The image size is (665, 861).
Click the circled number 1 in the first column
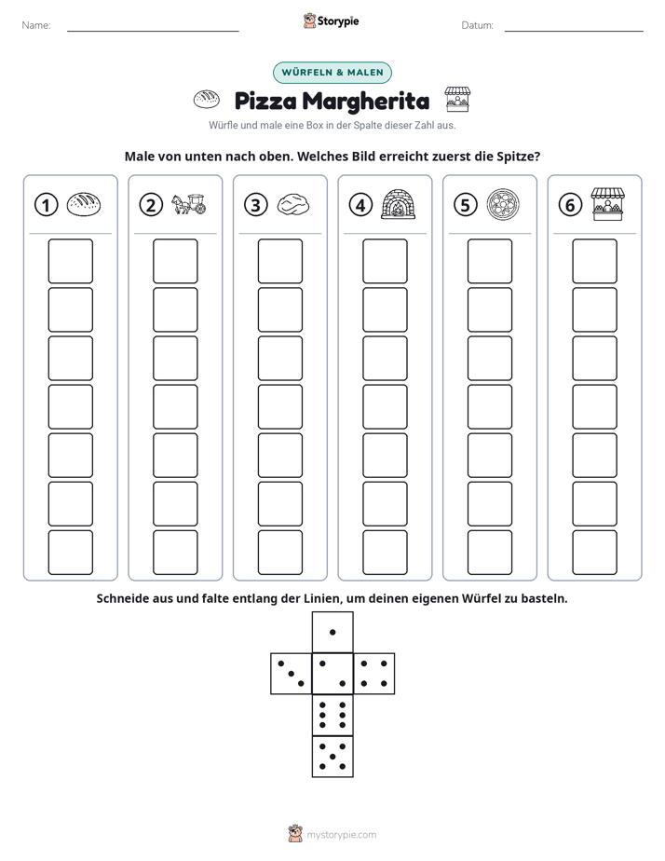pyautogui.click(x=46, y=205)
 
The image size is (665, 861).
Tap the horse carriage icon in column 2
pyautogui.click(x=188, y=204)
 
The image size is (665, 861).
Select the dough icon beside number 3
pyautogui.click(x=293, y=205)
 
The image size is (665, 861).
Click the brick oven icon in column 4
pyautogui.click(x=399, y=204)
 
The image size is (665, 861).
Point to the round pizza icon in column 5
pyautogui.click(x=503, y=205)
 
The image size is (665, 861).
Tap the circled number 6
pyautogui.click(x=570, y=205)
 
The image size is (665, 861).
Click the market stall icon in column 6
pyautogui.click(x=608, y=204)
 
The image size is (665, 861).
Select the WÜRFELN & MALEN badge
pyautogui.click(x=332, y=73)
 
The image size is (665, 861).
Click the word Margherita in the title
pyautogui.click(x=366, y=101)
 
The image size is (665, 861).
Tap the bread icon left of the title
pyautogui.click(x=207, y=100)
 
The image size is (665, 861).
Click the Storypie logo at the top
pyautogui.click(x=332, y=21)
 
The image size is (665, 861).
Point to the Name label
pyautogui.click(x=36, y=25)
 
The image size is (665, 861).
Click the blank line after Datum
pyautogui.click(x=574, y=31)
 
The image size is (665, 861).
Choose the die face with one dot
pyautogui.click(x=332, y=633)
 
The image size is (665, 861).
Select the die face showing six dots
pyautogui.click(x=332, y=715)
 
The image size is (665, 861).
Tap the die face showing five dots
pyautogui.click(x=332, y=756)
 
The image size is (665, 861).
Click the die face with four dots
pyautogui.click(x=374, y=674)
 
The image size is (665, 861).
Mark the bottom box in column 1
pyautogui.click(x=71, y=553)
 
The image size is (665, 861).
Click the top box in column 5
pyautogui.click(x=490, y=261)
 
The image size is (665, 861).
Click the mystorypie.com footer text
pyautogui.click(x=341, y=835)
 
